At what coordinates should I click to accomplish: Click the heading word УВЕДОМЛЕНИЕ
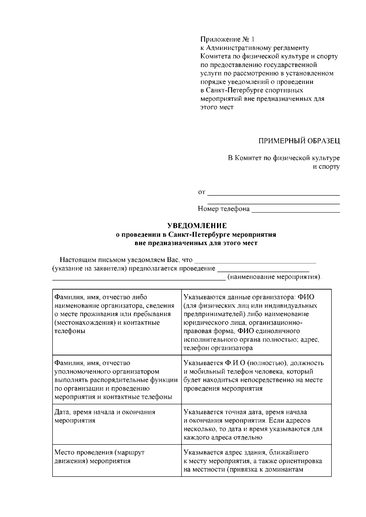[x=197, y=226]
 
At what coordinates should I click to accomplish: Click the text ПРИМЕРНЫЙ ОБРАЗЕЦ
[x=299, y=141]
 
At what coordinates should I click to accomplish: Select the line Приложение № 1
[x=227, y=40]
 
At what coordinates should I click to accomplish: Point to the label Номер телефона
[x=224, y=209]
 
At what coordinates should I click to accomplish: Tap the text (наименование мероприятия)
[x=274, y=277]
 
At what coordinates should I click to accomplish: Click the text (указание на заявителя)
[x=90, y=269]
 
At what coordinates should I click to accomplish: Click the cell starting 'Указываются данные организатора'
[x=256, y=322]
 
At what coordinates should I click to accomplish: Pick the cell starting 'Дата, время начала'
[x=117, y=424]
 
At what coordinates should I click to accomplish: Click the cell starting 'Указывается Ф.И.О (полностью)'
[x=256, y=379]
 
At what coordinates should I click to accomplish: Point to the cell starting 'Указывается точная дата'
[x=256, y=424]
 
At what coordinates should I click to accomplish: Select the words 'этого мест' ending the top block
[x=217, y=107]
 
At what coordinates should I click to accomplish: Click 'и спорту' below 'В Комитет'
[x=327, y=167]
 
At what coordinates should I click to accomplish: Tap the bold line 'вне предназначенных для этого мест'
[x=196, y=243]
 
